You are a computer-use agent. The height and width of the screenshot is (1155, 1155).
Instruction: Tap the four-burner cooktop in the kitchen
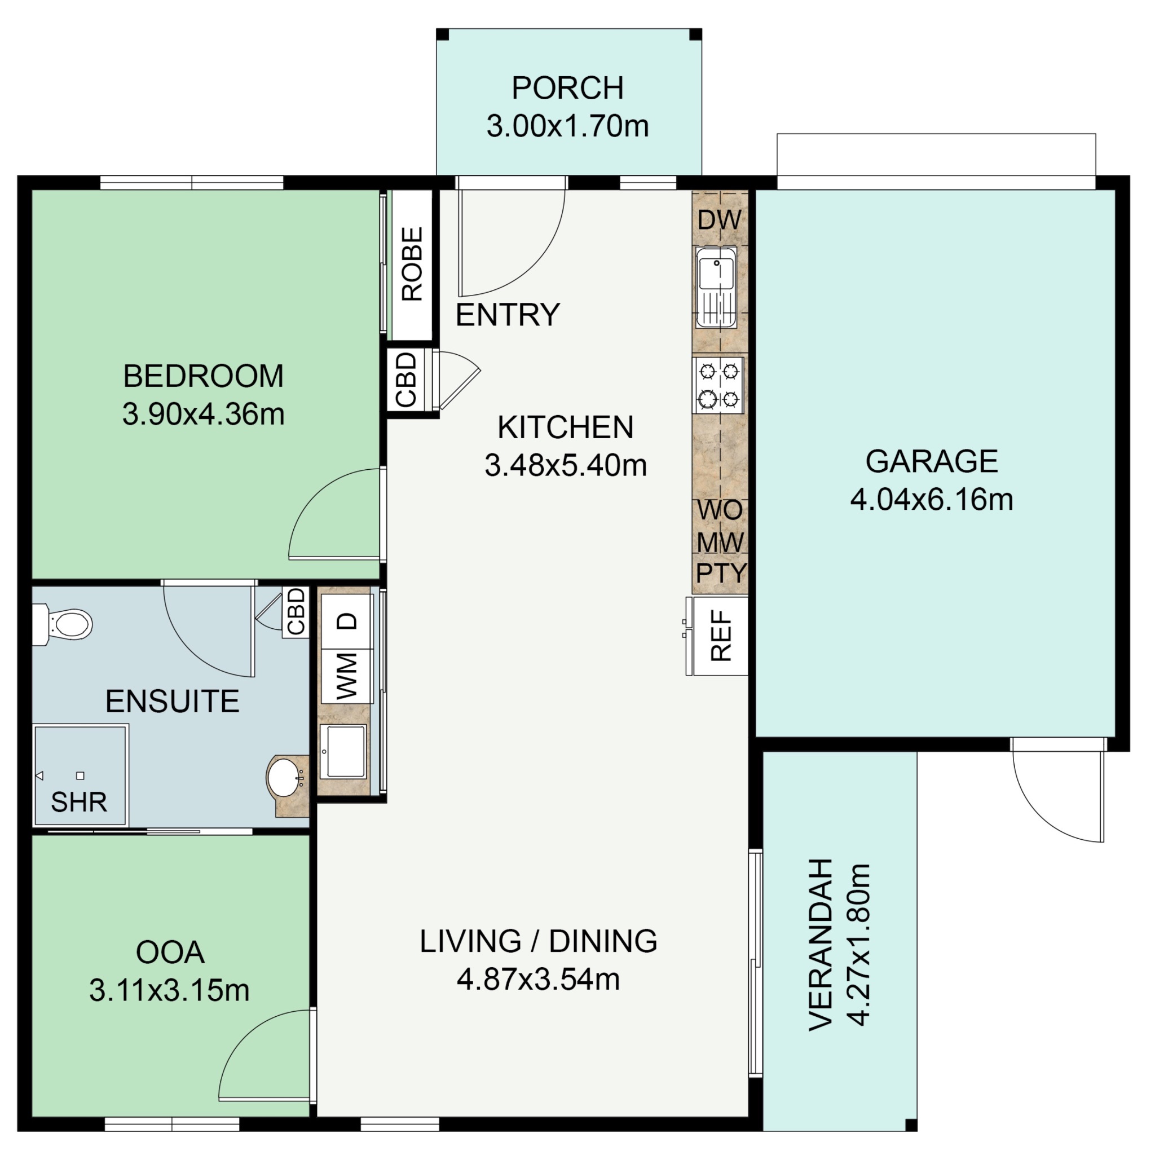(718, 385)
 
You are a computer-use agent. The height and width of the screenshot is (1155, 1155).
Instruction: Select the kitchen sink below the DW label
(716, 288)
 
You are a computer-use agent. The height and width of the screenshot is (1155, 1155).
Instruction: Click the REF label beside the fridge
(721, 636)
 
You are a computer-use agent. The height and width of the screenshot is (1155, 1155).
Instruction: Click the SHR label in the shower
(79, 803)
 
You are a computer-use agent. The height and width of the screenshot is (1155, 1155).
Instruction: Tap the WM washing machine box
(347, 676)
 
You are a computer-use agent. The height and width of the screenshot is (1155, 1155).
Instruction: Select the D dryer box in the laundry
(347, 621)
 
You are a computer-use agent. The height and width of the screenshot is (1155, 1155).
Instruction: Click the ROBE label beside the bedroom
(412, 263)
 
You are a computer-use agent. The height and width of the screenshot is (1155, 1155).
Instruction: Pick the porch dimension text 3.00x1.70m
(567, 126)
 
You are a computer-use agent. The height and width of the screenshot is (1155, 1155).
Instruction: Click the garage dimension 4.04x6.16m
(932, 500)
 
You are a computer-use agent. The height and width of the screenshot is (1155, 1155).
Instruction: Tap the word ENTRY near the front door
(508, 315)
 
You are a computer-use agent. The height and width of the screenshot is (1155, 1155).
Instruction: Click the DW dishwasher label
(719, 221)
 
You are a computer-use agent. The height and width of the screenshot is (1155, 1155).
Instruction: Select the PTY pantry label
(721, 573)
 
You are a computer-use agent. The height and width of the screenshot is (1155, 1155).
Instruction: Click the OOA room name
(170, 953)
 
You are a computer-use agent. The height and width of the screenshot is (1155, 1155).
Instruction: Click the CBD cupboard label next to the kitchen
(406, 380)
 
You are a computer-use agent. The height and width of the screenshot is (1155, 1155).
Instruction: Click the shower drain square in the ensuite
(80, 776)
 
